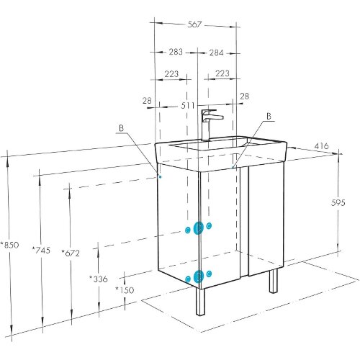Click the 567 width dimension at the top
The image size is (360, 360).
[194, 24]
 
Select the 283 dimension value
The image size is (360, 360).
[176, 52]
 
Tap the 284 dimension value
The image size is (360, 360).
[216, 53]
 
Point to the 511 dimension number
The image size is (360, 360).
[187, 105]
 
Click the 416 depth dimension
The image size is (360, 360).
[322, 145]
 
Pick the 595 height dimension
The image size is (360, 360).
[338, 203]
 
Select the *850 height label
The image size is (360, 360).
[9, 245]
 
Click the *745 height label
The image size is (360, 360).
[41, 251]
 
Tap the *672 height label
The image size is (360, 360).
[71, 253]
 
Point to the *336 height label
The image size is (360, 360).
[99, 279]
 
